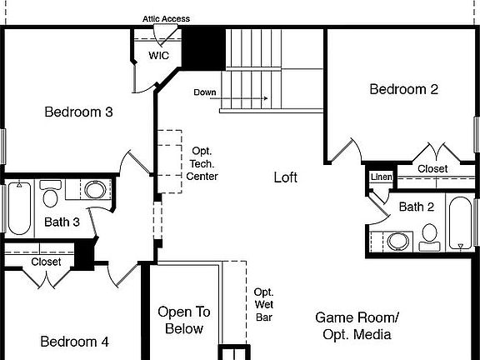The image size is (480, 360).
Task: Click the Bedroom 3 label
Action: [78, 112]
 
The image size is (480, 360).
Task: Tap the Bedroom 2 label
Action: [403, 89]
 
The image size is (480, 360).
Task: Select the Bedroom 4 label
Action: [74, 341]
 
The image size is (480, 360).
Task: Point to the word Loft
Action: [285, 177]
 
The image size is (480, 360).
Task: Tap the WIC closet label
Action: [159, 55]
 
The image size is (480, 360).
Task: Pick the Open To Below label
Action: [184, 320]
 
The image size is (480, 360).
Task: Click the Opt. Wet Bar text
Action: [264, 304]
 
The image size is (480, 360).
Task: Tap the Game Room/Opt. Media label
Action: [357, 326]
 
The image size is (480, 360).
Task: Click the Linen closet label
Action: [381, 177]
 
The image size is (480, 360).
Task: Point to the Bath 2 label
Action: [416, 207]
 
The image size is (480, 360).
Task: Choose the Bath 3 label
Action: [62, 222]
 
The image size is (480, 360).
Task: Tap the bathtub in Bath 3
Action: [18, 207]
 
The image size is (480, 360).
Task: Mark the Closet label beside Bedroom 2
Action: [432, 168]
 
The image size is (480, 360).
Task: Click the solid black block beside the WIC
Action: [204, 48]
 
